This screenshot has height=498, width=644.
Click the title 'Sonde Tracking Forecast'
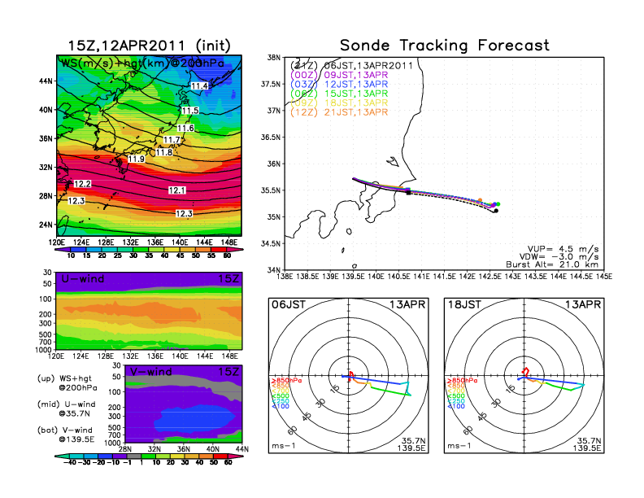(444, 45)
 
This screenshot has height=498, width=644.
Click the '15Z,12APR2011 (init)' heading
(148, 46)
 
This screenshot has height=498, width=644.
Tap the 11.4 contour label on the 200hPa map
(199, 85)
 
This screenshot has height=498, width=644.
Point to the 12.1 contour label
(177, 190)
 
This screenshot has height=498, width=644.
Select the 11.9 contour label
(136, 159)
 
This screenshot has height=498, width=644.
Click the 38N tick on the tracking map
(274, 58)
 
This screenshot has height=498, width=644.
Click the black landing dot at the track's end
(496, 211)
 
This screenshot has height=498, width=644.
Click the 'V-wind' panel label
(152, 372)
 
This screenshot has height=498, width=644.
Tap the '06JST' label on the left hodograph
(287, 304)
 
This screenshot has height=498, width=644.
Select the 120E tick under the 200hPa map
(57, 242)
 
